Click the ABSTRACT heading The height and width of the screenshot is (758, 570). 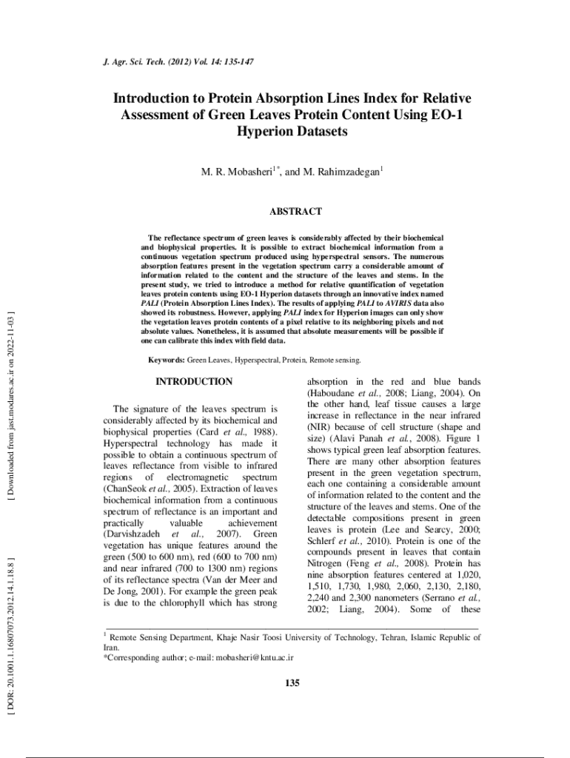(295, 212)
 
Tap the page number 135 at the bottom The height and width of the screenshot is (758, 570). (292, 682)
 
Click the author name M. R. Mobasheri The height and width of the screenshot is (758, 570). (237, 172)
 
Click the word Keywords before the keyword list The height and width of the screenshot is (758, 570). (167, 360)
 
